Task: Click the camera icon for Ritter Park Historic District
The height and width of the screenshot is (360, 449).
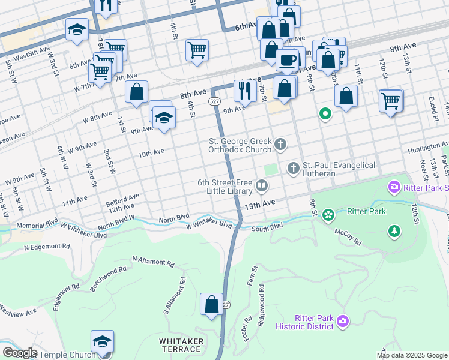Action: [342, 322]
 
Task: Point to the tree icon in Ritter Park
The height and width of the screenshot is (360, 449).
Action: [394, 230]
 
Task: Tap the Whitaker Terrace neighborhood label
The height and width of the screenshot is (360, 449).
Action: [180, 345]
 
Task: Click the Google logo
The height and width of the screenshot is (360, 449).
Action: [20, 353]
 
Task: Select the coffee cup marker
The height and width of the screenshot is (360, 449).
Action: [288, 60]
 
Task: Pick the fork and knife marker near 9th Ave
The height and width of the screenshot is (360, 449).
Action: [244, 91]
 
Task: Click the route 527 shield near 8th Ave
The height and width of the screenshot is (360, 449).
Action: [215, 101]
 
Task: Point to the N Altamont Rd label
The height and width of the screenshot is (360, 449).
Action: [152, 261]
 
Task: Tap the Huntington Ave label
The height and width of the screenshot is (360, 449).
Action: [427, 148]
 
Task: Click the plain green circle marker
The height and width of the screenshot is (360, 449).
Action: [325, 113]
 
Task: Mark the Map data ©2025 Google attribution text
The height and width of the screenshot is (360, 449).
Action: [412, 355]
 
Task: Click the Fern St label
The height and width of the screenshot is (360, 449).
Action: [253, 275]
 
